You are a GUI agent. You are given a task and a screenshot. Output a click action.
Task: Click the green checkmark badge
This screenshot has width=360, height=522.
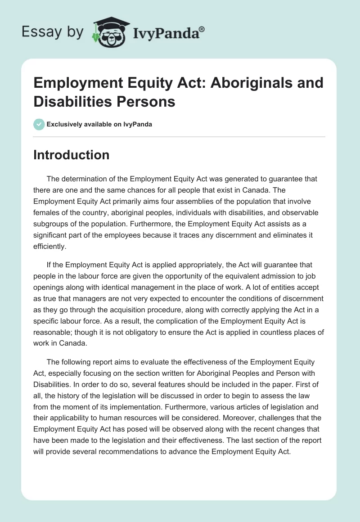point(39,124)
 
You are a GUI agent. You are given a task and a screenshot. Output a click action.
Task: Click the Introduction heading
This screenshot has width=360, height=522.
point(72,155)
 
